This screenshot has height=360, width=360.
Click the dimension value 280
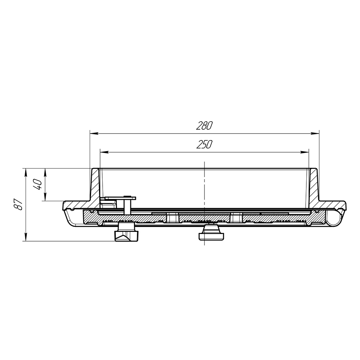[204, 126]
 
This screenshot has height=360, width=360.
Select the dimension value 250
[204, 144]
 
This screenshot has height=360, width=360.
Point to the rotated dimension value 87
[19, 204]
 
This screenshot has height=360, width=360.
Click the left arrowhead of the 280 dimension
[94, 134]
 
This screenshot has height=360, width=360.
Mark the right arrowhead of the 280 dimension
[315, 134]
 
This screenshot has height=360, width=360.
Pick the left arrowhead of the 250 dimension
[104, 152]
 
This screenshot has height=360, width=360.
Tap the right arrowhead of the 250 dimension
[305, 152]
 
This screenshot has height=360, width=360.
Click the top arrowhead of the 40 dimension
[45, 173]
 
